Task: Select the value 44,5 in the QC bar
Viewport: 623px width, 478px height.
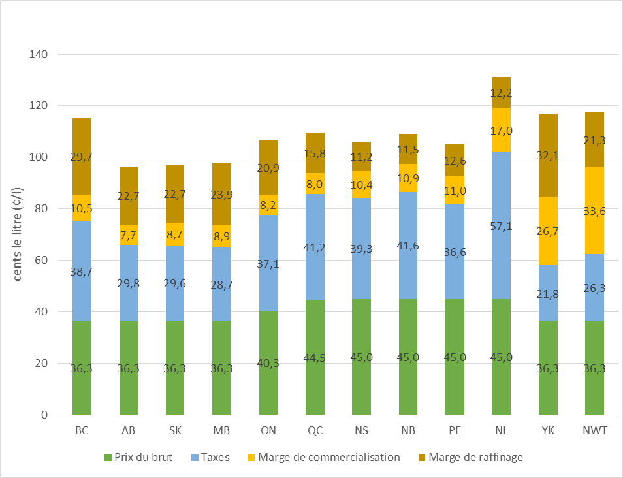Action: click(315, 363)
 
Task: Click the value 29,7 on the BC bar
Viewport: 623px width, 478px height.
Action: click(82, 157)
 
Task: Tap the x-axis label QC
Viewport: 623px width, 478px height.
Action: click(315, 431)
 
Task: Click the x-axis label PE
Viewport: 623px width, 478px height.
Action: click(455, 431)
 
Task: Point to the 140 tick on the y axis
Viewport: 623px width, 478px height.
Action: click(39, 54)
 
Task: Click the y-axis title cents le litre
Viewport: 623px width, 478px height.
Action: click(18, 234)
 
